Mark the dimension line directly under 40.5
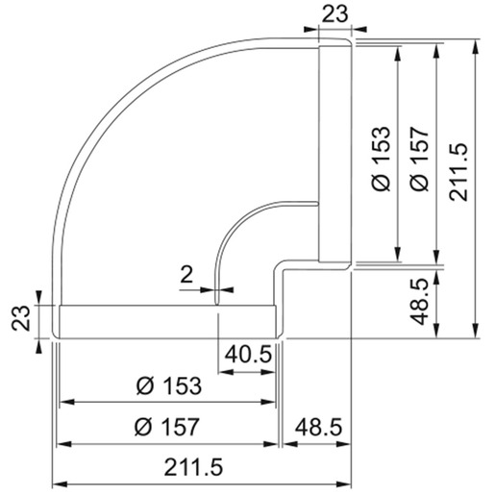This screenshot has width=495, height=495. pos(248,368)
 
